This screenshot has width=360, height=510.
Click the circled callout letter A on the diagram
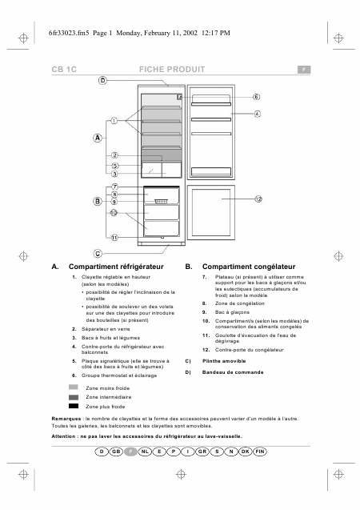coord(97,138)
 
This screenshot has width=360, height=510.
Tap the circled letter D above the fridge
coord(102,81)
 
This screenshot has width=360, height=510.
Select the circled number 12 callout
coord(258,198)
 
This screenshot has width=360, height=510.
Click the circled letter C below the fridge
coord(98,252)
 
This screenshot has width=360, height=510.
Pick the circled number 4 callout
coord(257,114)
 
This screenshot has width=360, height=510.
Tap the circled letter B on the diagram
coord(97,201)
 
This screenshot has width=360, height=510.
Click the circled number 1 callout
coord(114,122)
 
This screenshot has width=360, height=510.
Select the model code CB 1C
coord(63,70)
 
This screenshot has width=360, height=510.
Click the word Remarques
coord(66,420)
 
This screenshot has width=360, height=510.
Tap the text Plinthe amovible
coord(225,361)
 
